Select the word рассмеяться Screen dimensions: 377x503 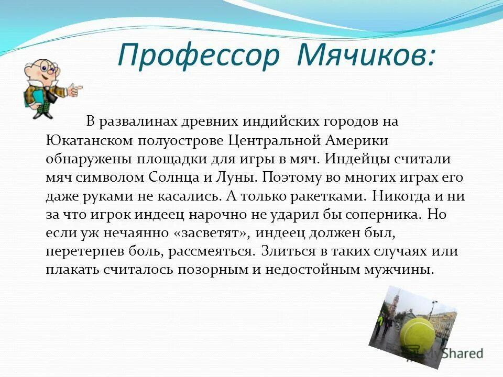pos(212,251)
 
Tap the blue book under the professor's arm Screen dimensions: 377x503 pos(30,98)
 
